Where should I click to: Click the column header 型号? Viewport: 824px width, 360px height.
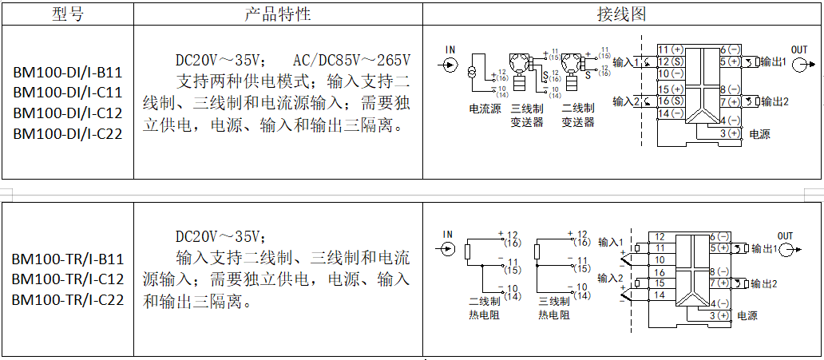(67, 14)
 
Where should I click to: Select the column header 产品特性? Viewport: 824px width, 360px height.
(277, 14)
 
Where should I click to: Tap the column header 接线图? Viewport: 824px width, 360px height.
(621, 14)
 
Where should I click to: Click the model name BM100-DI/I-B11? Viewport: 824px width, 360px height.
(67, 72)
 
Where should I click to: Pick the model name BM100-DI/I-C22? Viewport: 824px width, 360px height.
(67, 133)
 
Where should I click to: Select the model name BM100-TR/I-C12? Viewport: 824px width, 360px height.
(67, 279)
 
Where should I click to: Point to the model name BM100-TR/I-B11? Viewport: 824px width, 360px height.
(67, 259)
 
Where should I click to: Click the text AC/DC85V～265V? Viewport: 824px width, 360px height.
(351, 61)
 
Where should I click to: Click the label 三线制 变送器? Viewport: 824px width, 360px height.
(527, 115)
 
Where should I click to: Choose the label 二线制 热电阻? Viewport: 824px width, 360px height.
(485, 308)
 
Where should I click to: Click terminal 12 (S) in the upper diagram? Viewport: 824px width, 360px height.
(671, 61)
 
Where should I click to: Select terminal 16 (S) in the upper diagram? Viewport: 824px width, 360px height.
(671, 101)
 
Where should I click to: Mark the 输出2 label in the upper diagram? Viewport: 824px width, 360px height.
(774, 101)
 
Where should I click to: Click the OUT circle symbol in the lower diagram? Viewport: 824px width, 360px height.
(790, 248)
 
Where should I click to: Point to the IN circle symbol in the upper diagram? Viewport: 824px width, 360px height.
(450, 63)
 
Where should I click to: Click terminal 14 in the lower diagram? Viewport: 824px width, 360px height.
(660, 295)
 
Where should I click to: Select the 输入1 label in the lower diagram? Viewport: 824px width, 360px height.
(609, 242)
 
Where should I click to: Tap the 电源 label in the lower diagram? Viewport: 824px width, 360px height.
(747, 316)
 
